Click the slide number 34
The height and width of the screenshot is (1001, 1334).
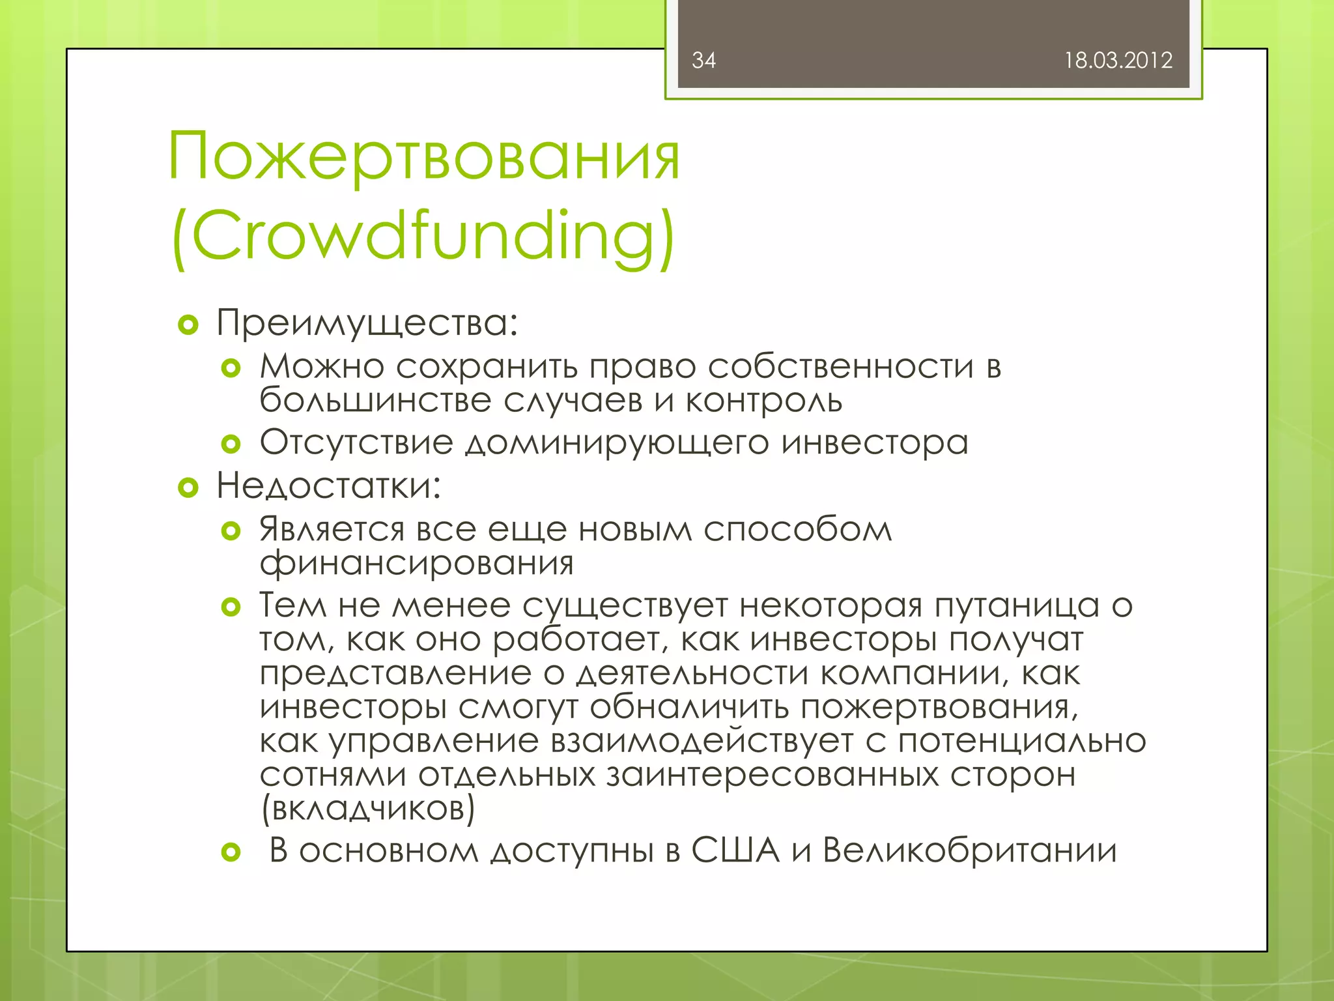tap(703, 61)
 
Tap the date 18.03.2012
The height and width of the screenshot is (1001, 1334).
tap(1118, 61)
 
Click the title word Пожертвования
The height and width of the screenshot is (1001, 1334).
tap(424, 157)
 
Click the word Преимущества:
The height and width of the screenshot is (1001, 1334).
tap(367, 323)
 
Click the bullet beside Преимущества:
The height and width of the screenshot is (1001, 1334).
tap(188, 325)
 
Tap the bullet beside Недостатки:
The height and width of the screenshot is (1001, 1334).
tap(188, 487)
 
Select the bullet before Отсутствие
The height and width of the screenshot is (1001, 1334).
tap(231, 444)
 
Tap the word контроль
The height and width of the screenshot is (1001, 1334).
tap(763, 401)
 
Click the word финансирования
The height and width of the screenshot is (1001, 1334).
tap(417, 563)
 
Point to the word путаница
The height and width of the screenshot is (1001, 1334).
tap(1017, 606)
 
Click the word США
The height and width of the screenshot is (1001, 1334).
tap(735, 850)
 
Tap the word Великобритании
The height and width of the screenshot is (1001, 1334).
tap(969, 850)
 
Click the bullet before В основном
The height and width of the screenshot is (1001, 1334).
tap(231, 852)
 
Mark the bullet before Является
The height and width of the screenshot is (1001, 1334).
tap(231, 531)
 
